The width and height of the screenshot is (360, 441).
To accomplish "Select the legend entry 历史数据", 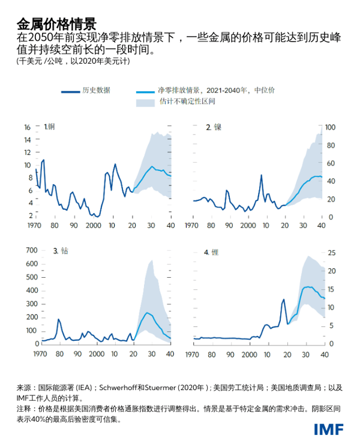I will (x=97, y=91).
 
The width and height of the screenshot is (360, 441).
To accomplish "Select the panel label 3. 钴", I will (x=60, y=251).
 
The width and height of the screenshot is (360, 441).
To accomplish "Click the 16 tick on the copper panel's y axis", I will (x=27, y=127).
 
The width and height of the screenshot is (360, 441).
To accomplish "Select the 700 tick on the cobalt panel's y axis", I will (x=25, y=250).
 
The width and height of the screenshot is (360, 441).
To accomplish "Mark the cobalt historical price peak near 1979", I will (x=58, y=319).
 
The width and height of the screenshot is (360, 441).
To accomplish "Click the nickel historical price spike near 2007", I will (x=262, y=175).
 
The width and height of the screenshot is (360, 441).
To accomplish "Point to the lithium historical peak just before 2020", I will (x=283, y=299).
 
